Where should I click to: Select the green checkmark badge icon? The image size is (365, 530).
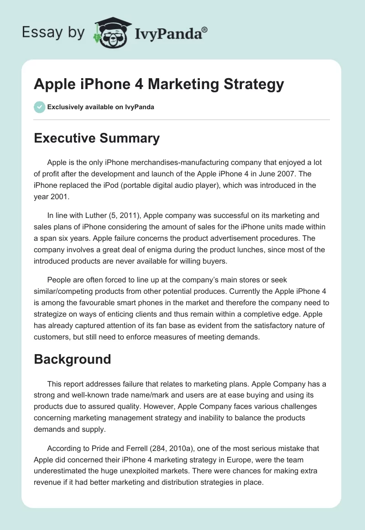[39, 107]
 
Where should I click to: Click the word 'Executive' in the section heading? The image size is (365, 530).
[66, 138]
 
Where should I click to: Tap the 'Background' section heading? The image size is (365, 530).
[73, 359]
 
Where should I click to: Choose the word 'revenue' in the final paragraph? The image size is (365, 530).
[49, 484]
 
